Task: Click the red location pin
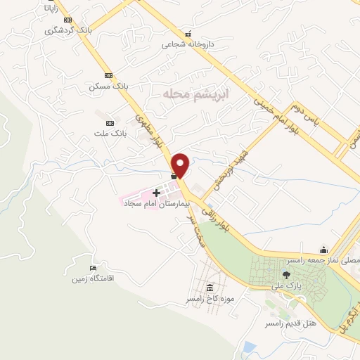(x=182, y=165)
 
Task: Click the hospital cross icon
(x=156, y=192)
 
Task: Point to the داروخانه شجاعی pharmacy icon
(x=187, y=34)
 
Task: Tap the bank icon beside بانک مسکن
(x=108, y=75)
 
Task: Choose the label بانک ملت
(x=110, y=131)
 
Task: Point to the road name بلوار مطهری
(x=146, y=131)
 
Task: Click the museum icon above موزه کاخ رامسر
(x=209, y=288)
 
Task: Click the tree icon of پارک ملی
(x=285, y=275)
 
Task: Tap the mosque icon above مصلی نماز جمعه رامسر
(x=323, y=249)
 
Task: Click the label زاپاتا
(x=51, y=9)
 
